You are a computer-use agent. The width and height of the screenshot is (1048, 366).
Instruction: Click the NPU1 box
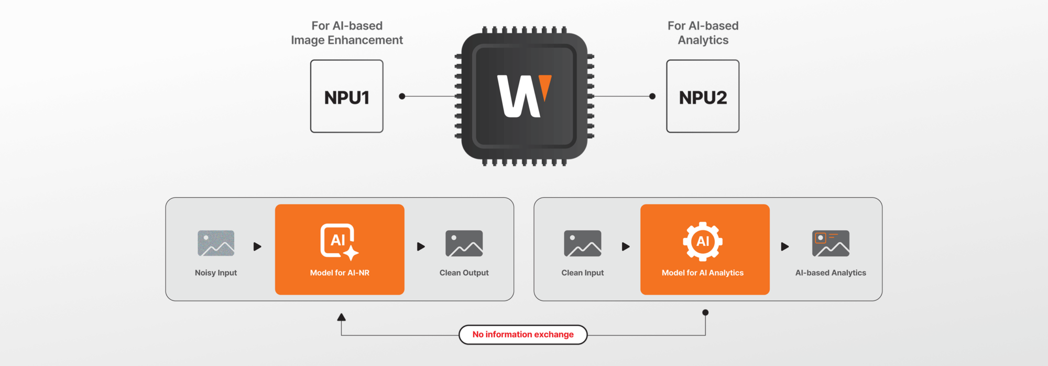[346, 96]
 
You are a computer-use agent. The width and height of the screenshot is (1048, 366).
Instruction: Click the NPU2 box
[703, 96]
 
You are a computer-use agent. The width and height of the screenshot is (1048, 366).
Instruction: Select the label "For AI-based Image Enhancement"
[347, 33]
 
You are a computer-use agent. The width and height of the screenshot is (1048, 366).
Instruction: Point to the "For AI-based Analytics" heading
[703, 33]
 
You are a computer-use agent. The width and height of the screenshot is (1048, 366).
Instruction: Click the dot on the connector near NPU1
[402, 96]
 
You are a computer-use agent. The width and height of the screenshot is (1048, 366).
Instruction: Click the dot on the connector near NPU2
[652, 96]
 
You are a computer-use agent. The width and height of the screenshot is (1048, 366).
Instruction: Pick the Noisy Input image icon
[216, 243]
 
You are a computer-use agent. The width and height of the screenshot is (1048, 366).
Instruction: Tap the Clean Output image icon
[464, 243]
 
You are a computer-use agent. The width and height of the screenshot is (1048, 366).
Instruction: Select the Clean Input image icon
[583, 243]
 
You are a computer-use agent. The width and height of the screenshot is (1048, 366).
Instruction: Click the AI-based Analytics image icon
[831, 243]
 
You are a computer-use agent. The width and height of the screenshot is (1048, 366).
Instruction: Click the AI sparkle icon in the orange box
[339, 241]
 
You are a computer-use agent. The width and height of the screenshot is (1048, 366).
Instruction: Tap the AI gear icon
[703, 241]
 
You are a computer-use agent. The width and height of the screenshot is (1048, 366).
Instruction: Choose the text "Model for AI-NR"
[340, 273]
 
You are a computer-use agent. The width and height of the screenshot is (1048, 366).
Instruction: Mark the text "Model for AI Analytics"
[703, 273]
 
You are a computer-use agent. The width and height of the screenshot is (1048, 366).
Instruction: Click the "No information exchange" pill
[523, 335]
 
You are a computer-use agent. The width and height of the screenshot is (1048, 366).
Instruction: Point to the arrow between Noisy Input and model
[257, 246]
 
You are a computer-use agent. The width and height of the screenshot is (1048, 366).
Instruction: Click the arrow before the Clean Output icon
[421, 246]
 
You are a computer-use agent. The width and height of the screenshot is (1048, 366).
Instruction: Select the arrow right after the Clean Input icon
[626, 246]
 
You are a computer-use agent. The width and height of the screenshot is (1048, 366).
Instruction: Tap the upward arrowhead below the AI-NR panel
[342, 317]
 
